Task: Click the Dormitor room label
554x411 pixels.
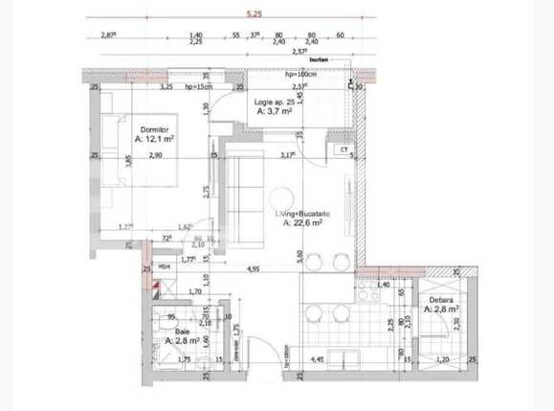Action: tap(155, 128)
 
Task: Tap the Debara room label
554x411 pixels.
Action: tap(442, 299)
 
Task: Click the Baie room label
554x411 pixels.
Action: tap(182, 331)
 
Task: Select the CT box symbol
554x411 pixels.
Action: tap(343, 149)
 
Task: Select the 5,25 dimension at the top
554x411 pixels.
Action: tap(254, 14)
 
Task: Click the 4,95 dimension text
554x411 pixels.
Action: tap(254, 271)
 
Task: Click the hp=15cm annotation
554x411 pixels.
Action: tap(199, 87)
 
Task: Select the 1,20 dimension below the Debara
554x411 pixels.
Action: tap(442, 360)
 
